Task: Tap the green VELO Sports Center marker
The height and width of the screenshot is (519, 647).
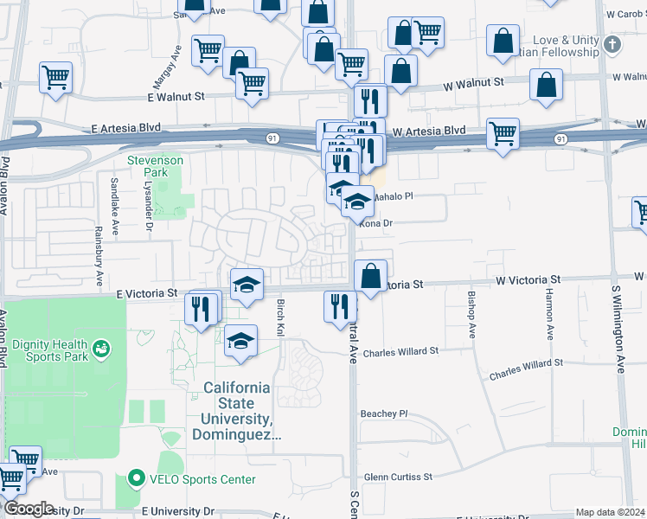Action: [x=135, y=478]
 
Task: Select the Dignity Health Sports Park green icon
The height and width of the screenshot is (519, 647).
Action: [x=103, y=349]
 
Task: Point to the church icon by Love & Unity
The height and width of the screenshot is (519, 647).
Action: [x=612, y=44]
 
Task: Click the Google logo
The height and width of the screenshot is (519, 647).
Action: [x=28, y=508]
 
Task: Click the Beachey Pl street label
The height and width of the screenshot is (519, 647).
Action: [x=383, y=413]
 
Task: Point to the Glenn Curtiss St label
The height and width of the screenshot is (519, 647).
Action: [x=398, y=477]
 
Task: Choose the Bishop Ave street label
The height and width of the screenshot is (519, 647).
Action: [x=471, y=315]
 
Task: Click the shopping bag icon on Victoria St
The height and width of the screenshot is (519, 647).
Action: [x=370, y=276]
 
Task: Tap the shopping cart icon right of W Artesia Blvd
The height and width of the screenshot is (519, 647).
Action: [x=503, y=133]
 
